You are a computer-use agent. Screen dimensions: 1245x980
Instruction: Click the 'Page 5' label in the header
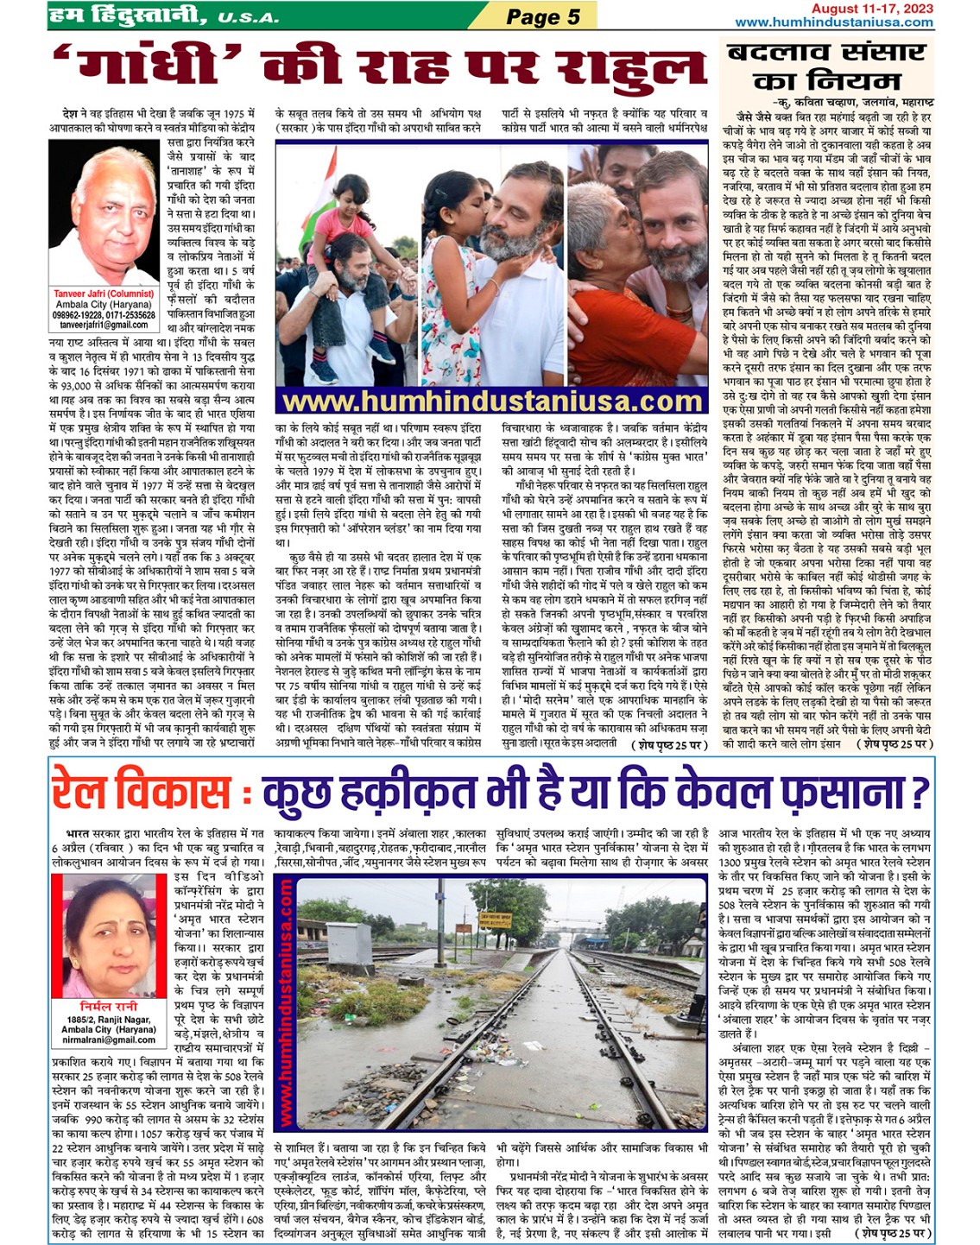[x=542, y=16]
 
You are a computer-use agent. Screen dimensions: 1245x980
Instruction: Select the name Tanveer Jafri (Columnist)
[x=104, y=294]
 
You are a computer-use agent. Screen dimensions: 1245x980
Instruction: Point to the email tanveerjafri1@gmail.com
[x=104, y=325]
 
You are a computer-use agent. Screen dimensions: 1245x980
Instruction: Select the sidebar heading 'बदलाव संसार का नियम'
[x=826, y=66]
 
